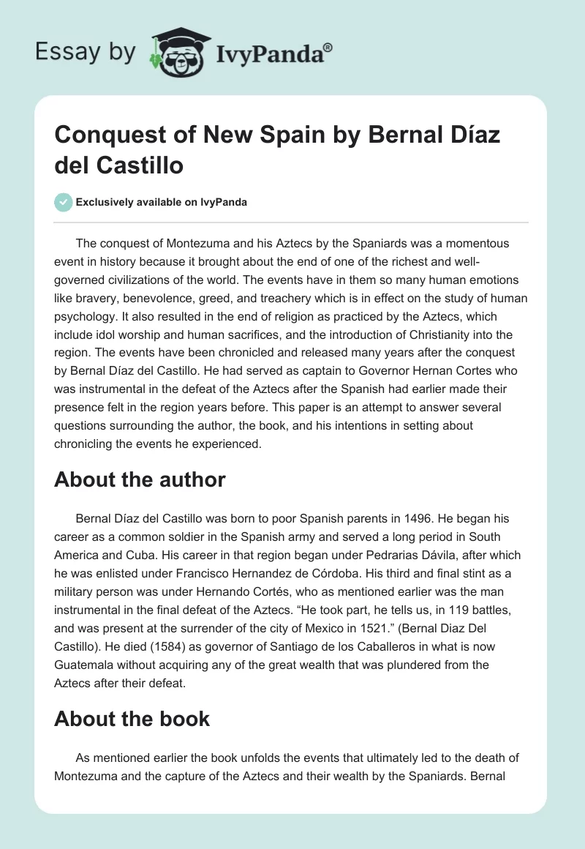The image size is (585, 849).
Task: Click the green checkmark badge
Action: (x=63, y=202)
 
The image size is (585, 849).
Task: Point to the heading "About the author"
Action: (x=140, y=479)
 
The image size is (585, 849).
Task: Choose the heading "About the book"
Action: (x=132, y=718)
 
